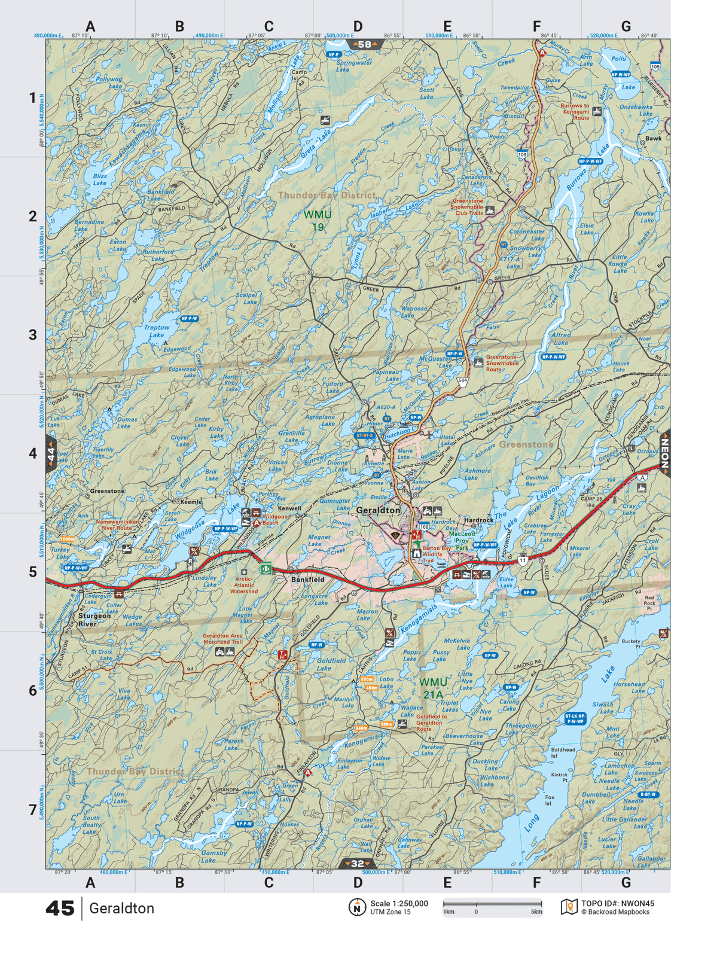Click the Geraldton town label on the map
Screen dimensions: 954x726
click(x=378, y=510)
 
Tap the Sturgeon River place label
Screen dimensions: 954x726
click(x=94, y=620)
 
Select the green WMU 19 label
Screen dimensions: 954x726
click(x=317, y=220)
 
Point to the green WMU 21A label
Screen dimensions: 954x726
click(x=433, y=688)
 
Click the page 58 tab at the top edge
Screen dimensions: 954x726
click(x=365, y=44)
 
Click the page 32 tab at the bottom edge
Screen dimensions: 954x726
click(x=357, y=863)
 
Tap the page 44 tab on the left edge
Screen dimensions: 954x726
click(x=51, y=455)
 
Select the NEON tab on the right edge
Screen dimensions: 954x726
click(x=664, y=453)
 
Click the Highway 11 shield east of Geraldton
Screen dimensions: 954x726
click(x=523, y=560)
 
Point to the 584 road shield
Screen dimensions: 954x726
click(x=462, y=380)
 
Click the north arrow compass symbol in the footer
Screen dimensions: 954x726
click(x=357, y=907)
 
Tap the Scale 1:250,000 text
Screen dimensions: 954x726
click(x=399, y=903)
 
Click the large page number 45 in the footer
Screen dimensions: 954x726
click(x=60, y=909)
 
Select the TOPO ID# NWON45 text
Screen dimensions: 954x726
click(x=617, y=904)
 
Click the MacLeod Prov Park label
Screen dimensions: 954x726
click(x=462, y=540)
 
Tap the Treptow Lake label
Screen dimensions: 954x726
click(x=157, y=331)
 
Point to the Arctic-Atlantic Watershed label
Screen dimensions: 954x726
click(x=243, y=585)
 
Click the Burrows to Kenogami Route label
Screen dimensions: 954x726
click(x=575, y=112)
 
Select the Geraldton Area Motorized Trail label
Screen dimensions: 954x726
click(x=222, y=639)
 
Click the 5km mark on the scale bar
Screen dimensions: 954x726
click(x=536, y=912)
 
